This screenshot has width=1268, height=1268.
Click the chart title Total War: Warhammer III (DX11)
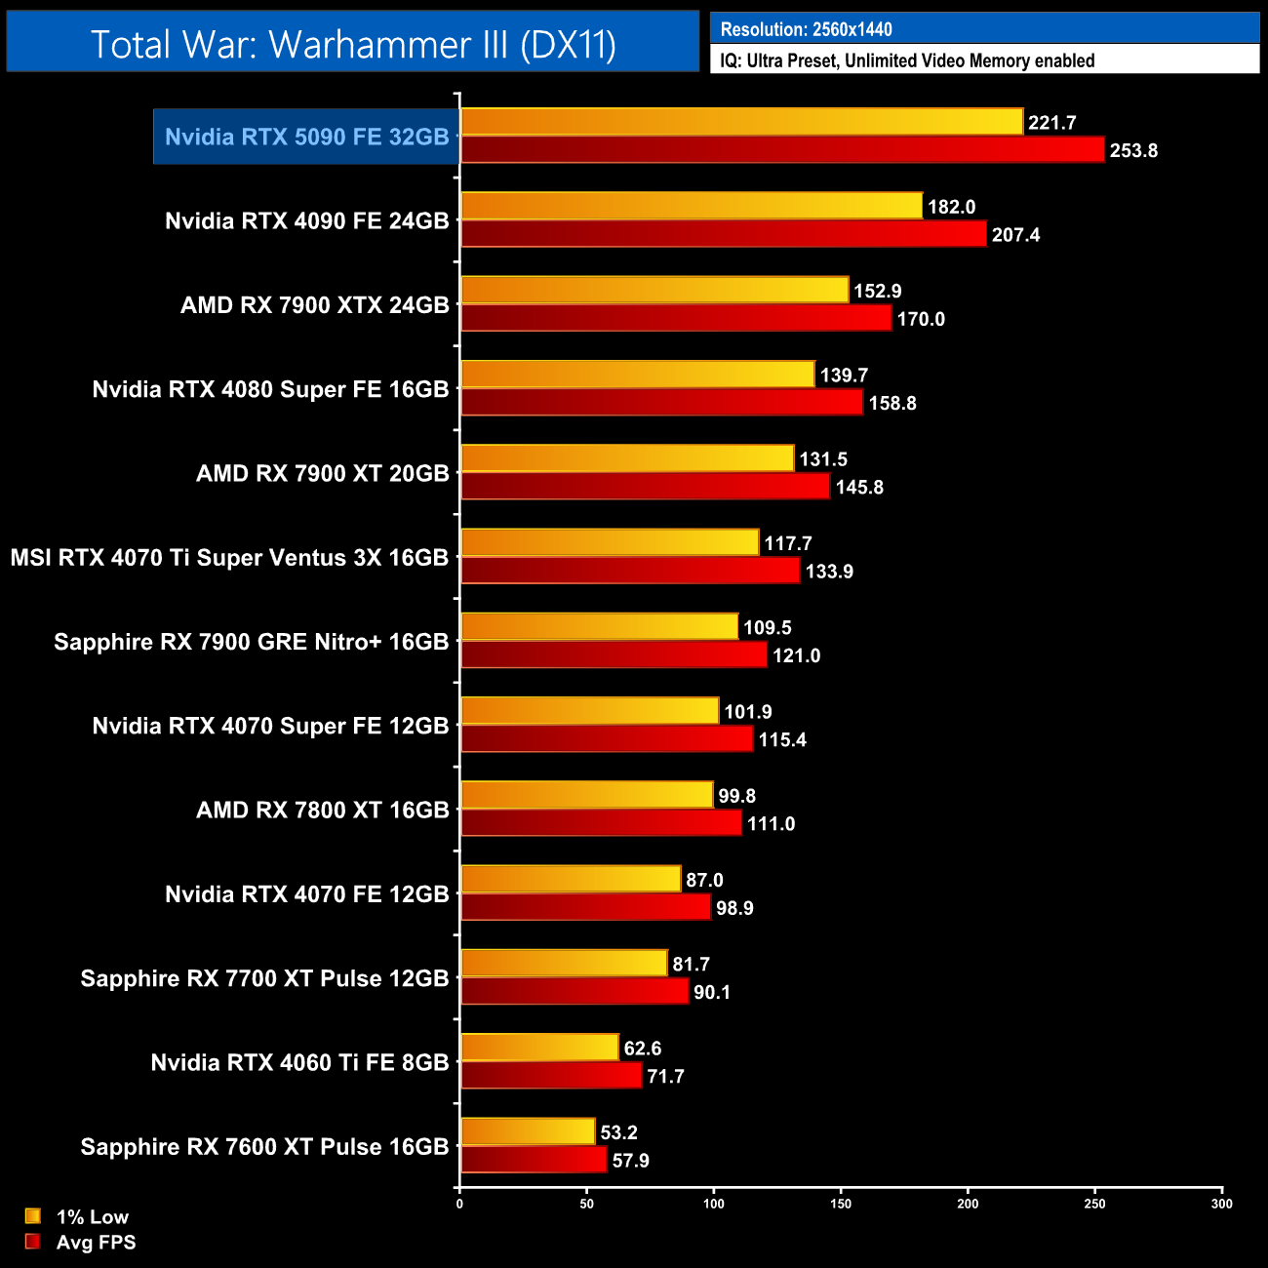click(x=353, y=44)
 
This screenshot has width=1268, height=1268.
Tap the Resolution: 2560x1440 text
click(x=806, y=29)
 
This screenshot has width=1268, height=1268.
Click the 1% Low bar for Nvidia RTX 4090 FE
click(x=691, y=206)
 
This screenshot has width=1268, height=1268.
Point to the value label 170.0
click(x=921, y=319)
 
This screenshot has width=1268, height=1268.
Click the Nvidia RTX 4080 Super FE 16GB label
click(x=270, y=389)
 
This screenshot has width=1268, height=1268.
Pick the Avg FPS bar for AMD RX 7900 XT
click(x=645, y=486)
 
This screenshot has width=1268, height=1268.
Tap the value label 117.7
click(x=788, y=543)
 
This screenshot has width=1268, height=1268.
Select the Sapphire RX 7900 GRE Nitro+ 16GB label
click(x=251, y=642)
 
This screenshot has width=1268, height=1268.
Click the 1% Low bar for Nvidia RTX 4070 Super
click(x=589, y=711)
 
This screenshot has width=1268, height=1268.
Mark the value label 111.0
click(x=771, y=824)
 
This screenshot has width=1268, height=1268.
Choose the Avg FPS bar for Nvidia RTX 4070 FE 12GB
click(x=585, y=907)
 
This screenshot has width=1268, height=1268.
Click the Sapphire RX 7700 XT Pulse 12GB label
click(x=264, y=978)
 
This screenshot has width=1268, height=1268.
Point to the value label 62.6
click(x=643, y=1049)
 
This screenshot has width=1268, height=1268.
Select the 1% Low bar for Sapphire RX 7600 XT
click(x=527, y=1131)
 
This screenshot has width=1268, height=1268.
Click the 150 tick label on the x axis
click(x=841, y=1204)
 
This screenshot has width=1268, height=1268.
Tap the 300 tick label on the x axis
click(x=1221, y=1204)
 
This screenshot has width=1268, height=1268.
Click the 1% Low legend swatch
click(x=33, y=1215)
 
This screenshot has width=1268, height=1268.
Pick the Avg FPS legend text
click(x=96, y=1242)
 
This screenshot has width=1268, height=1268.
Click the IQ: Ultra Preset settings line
click(x=907, y=60)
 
